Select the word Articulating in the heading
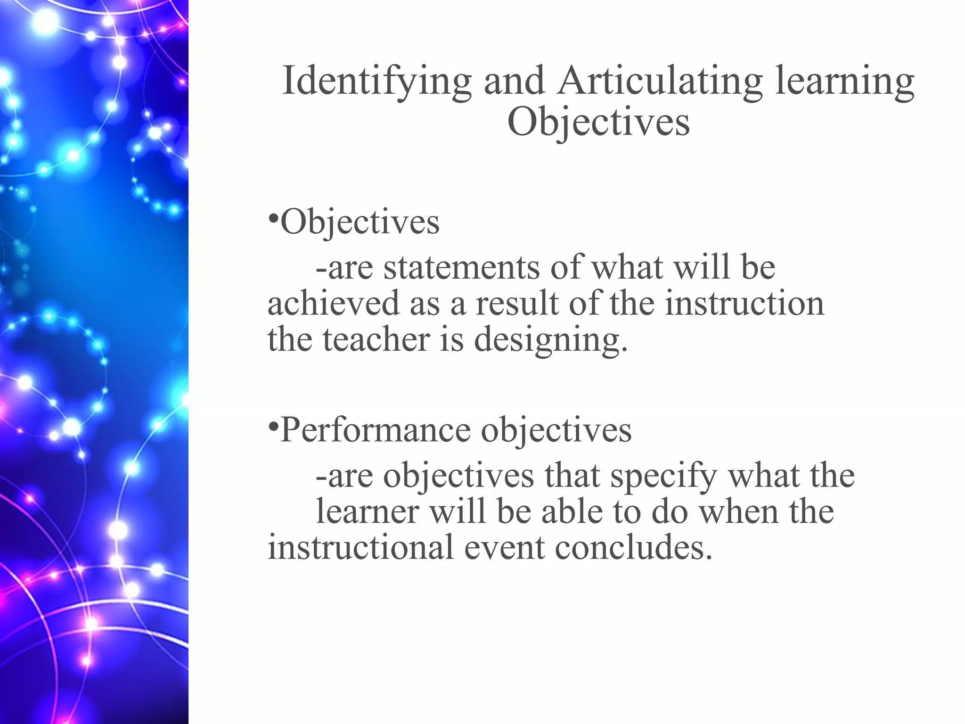coord(659,81)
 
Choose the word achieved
coord(333,303)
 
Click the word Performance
coord(375,430)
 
